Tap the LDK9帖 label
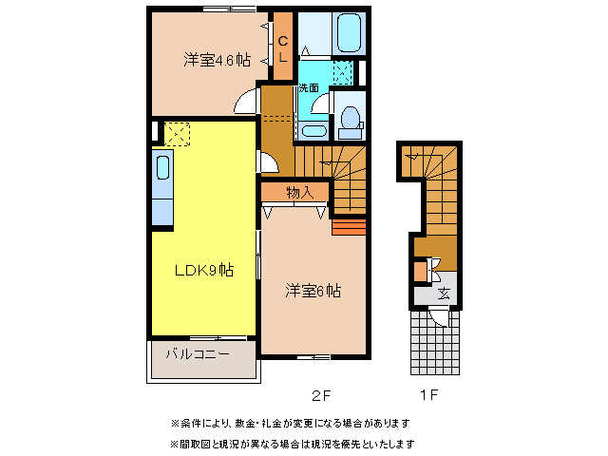coord(202,271)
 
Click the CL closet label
coord(283,47)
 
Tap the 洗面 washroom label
coord(309,87)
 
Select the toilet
coord(349,120)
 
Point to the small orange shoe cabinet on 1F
coord(420,271)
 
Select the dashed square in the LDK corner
coord(178,134)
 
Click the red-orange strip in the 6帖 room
coord(348,226)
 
